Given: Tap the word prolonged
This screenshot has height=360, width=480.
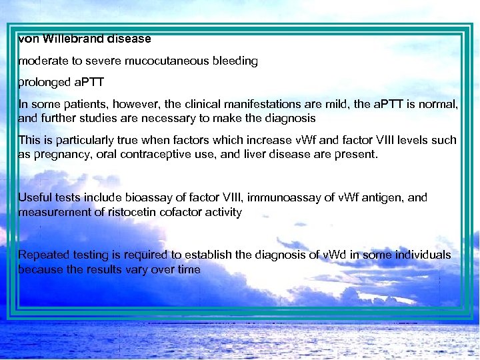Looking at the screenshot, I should click(44, 83).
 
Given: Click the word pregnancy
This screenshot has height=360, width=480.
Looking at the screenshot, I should click(61, 154).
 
